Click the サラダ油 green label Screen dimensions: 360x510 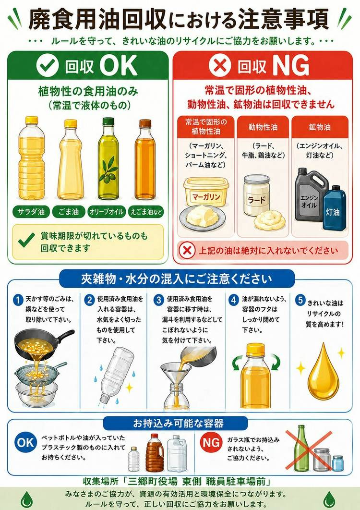(31, 212)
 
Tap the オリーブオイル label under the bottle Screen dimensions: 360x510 (107, 212)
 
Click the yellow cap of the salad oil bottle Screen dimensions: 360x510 (32, 120)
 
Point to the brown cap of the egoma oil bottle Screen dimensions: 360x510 (145, 123)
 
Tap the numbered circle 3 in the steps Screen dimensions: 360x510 (159, 300)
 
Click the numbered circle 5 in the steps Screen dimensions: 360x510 (300, 300)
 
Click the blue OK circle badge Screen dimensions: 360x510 (25, 443)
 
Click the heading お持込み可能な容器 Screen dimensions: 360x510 (178, 423)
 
